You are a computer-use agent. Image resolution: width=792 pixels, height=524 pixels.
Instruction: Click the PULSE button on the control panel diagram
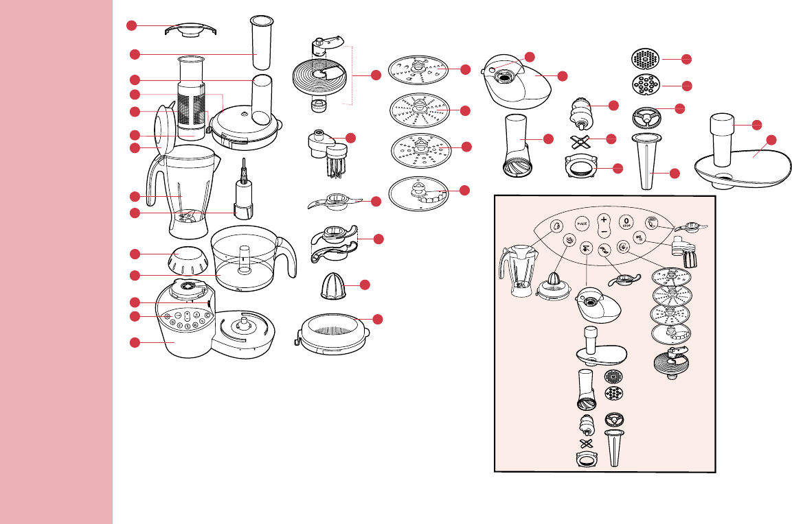(x=581, y=223)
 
